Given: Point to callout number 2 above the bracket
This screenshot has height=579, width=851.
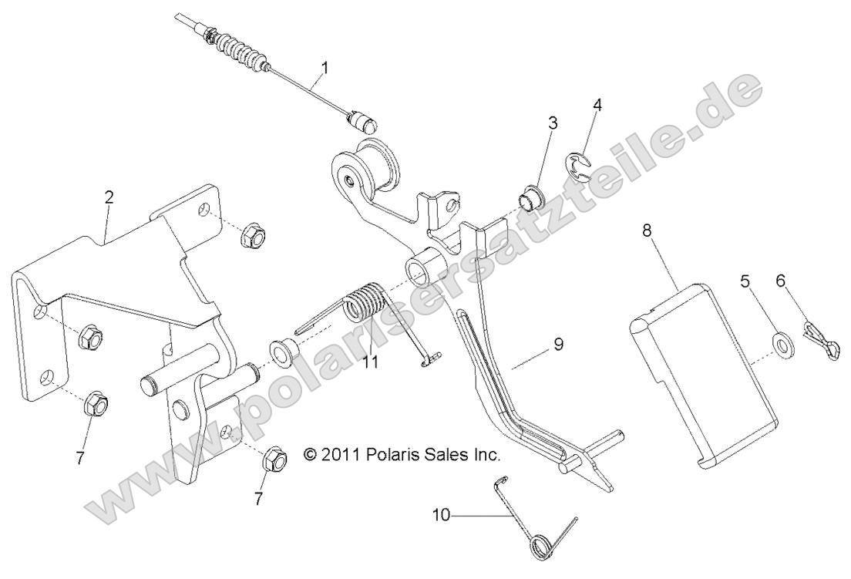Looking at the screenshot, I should pyautogui.click(x=109, y=197).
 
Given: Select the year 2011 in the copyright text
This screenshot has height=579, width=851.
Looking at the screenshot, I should pyautogui.click(x=338, y=455).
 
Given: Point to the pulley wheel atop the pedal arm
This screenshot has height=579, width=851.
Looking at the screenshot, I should pyautogui.click(x=379, y=166).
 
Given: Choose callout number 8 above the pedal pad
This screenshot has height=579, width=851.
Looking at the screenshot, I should pyautogui.click(x=645, y=229).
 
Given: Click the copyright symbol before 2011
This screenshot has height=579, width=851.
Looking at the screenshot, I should pyautogui.click(x=310, y=455).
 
